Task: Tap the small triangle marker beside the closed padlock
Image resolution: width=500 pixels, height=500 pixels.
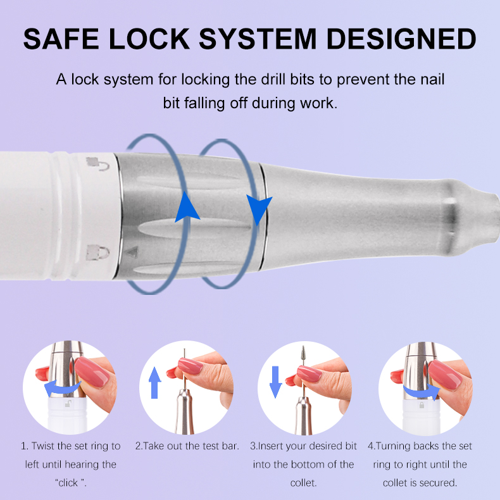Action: [132, 251]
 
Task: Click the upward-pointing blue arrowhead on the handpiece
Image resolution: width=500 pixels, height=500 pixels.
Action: [184, 205]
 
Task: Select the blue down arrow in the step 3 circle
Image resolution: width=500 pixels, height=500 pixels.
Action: [275, 382]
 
